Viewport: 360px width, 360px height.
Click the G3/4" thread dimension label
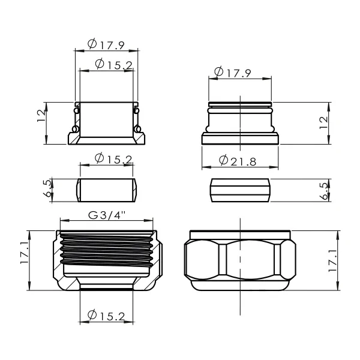pyautogui.click(x=107, y=215)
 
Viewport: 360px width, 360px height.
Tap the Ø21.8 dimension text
pyautogui.click(x=238, y=161)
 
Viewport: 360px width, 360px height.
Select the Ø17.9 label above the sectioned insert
pyautogui.click(x=106, y=44)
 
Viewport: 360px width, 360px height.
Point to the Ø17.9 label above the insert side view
pyautogui.click(x=233, y=72)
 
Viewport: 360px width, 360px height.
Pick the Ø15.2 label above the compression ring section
pyautogui.click(x=113, y=158)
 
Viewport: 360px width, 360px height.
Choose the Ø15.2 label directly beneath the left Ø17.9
pyautogui.click(x=114, y=65)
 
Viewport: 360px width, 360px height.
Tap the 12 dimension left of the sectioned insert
pyautogui.click(x=41, y=116)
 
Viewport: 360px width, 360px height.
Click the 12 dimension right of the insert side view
pyautogui.click(x=324, y=123)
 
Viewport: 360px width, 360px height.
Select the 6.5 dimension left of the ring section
pyautogui.click(x=47, y=189)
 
